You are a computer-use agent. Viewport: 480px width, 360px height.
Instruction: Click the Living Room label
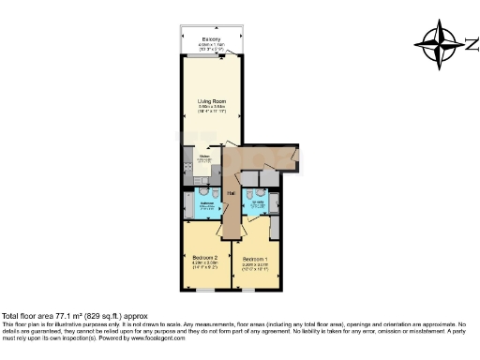pos(212,100)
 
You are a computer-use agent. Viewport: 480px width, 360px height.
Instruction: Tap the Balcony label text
pos(210,38)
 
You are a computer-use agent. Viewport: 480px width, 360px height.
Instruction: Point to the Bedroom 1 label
pos(255,259)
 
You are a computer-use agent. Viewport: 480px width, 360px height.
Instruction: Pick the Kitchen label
pos(202,157)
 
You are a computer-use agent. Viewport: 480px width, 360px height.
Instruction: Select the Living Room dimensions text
pos(212,108)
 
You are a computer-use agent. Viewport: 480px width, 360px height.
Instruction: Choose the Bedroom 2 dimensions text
pos(204,264)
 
